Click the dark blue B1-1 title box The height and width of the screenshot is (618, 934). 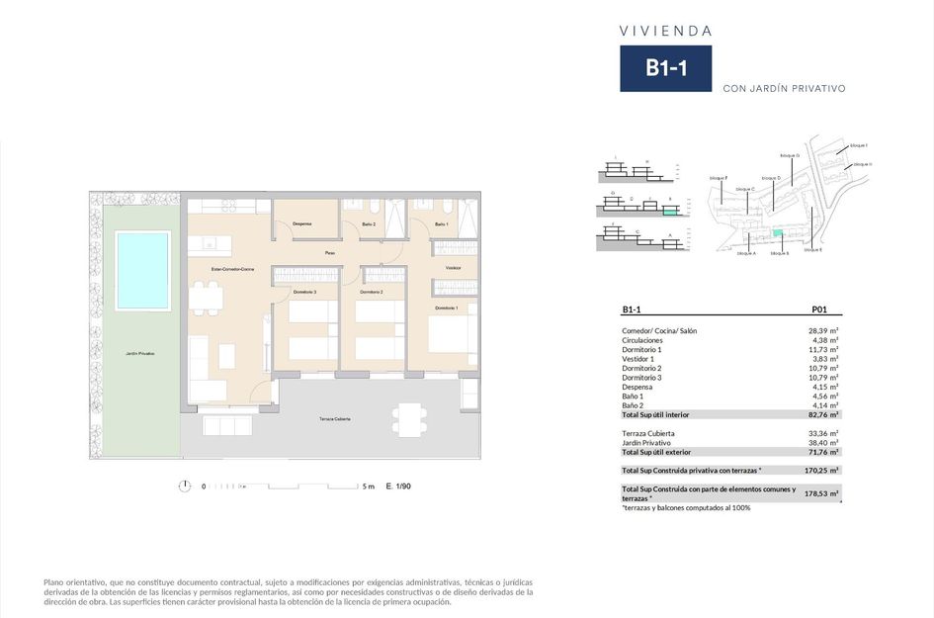click(x=665, y=68)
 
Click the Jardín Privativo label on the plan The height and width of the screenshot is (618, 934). click(x=139, y=353)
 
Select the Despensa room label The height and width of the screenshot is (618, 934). click(x=301, y=223)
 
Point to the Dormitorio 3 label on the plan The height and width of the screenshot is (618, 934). click(x=304, y=292)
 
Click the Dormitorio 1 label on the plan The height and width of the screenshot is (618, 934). click(x=445, y=309)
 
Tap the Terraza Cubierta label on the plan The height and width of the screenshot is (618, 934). click(x=334, y=419)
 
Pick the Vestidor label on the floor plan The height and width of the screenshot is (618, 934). click(x=454, y=268)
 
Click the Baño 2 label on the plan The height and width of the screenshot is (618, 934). click(x=369, y=224)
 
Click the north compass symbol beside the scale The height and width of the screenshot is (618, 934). click(x=185, y=486)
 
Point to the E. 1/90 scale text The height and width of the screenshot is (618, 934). click(x=398, y=486)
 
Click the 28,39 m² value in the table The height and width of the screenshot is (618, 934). click(x=823, y=331)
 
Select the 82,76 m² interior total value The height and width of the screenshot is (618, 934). click(x=823, y=415)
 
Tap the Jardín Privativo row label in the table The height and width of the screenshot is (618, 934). click(x=646, y=443)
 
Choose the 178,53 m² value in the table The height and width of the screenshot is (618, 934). click(x=821, y=492)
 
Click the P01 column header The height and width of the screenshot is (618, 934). click(x=818, y=309)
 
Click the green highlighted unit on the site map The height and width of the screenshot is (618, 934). click(x=778, y=233)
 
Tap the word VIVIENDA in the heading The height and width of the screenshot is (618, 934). click(x=665, y=31)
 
